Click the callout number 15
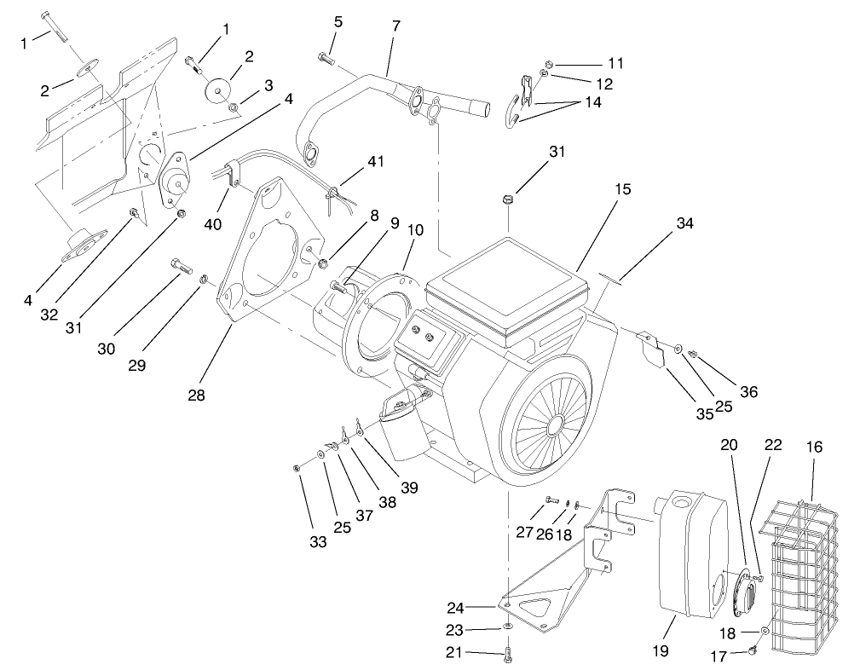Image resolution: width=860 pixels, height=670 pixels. tap(622, 189)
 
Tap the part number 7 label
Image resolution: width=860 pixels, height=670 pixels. tap(395, 26)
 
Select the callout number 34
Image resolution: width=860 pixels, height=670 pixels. tap(684, 223)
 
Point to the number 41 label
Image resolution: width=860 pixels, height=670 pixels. tap(376, 161)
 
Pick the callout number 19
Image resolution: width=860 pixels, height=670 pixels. tap(661, 650)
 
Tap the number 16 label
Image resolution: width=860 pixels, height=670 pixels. tap(816, 446)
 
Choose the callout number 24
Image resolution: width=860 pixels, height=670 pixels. tap(456, 608)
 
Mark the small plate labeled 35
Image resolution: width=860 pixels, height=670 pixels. tap(654, 350)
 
